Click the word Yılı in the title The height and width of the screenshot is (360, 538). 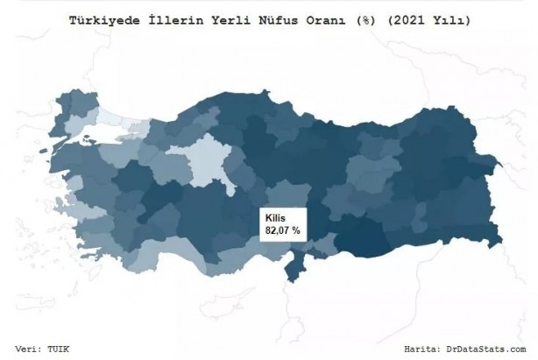pos(450,18)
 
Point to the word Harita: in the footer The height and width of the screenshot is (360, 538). pos(428,348)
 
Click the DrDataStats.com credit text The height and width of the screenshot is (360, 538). pos(491,348)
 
